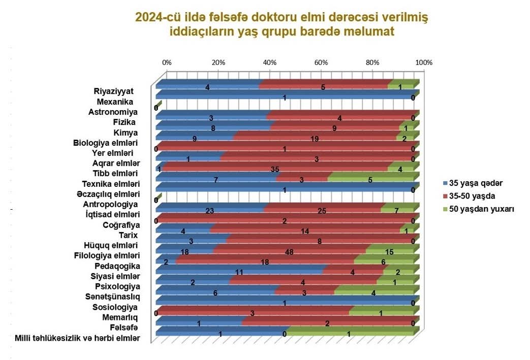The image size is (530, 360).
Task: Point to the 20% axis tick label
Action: click(218, 62)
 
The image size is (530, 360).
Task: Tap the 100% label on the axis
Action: click(423, 62)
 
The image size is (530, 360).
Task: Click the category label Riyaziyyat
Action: click(113, 91)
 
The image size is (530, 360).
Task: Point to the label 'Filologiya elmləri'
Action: click(107, 255)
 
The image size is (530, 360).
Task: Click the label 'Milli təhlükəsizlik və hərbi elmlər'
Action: click(78, 338)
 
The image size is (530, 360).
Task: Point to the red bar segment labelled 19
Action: click(315, 137)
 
